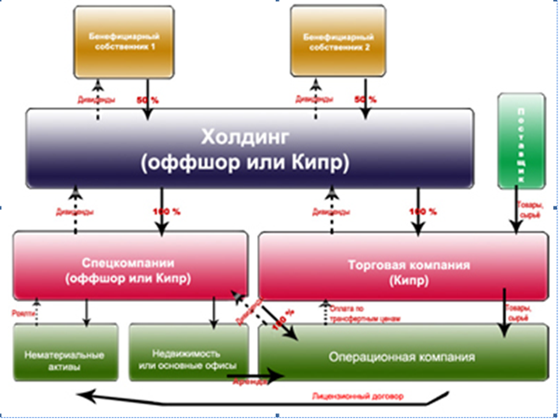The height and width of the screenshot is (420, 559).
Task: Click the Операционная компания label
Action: [x=402, y=357]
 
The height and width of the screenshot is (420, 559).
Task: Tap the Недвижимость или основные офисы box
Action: [x=187, y=360]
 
